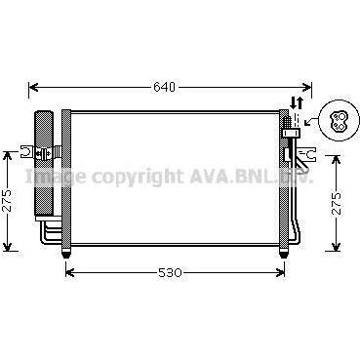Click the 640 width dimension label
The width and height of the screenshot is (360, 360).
[164, 87]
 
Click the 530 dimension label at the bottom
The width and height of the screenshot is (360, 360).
[170, 272]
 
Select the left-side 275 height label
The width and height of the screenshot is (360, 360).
[8, 200]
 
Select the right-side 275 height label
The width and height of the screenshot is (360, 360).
[338, 203]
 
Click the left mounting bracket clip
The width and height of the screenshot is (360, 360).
[27, 152]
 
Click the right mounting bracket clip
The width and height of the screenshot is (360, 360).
[308, 154]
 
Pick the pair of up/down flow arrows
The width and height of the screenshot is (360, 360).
[297, 102]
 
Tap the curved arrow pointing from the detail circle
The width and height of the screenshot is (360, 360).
[310, 121]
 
